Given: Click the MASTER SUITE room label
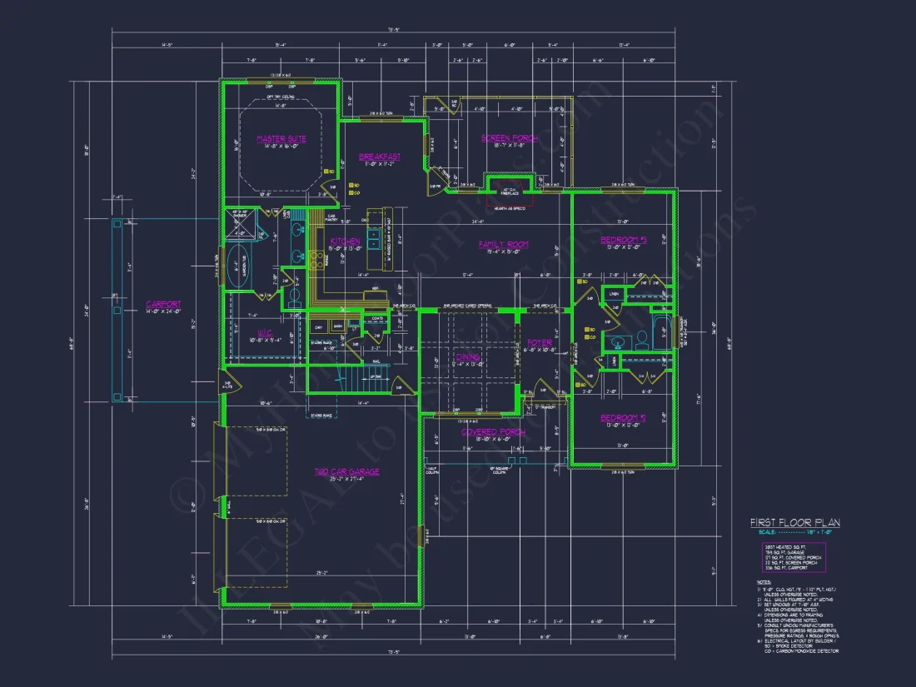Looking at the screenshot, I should pyautogui.click(x=281, y=138).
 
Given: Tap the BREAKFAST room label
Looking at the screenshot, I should pyautogui.click(x=380, y=157).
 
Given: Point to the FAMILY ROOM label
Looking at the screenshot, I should pyautogui.click(x=504, y=244).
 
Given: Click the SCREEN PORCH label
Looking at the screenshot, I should pyautogui.click(x=510, y=138).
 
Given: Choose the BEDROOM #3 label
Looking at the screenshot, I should pyautogui.click(x=624, y=241).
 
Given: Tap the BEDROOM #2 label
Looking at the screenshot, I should pyautogui.click(x=624, y=418).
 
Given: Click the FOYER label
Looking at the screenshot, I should pyautogui.click(x=540, y=342).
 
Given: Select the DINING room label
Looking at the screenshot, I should pyautogui.click(x=466, y=358).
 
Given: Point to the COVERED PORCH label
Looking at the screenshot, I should pyautogui.click(x=494, y=432).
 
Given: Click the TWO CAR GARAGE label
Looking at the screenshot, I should pyautogui.click(x=346, y=471).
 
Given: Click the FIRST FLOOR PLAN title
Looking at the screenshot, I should pyautogui.click(x=795, y=523).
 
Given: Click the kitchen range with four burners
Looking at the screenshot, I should pyautogui.click(x=316, y=260).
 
